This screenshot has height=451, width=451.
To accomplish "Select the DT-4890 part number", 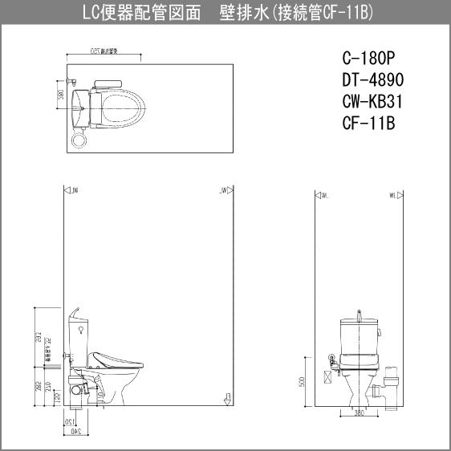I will click(x=372, y=79).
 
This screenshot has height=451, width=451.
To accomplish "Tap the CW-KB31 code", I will click(x=372, y=102).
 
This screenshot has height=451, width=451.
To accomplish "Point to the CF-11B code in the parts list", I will click(x=368, y=124).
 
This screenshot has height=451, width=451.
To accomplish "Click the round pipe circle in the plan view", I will click(x=79, y=140).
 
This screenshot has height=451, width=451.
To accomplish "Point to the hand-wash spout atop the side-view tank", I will click(x=75, y=311).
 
